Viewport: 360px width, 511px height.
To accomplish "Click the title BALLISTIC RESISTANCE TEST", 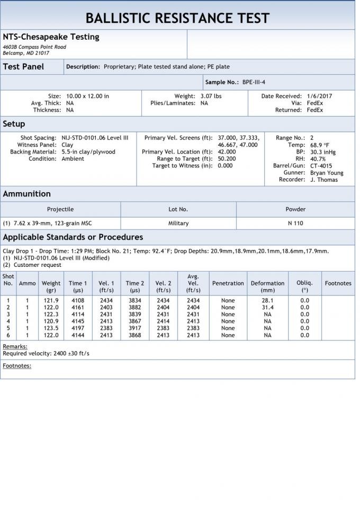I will (177, 19).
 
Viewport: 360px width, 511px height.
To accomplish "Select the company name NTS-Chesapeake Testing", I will (51, 37).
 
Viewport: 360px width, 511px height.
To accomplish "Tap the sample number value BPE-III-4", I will (254, 82).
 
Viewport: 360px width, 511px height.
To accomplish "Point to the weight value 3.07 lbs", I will (211, 96).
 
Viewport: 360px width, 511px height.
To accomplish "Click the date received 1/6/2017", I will (319, 96).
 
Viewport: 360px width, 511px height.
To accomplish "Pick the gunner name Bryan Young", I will (327, 173).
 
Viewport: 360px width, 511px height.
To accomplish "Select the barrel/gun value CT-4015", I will (321, 166).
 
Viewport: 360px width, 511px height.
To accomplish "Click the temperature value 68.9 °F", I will (320, 145).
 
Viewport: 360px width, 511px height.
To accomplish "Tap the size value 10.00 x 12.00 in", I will (87, 96).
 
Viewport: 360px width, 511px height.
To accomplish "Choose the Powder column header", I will (295, 209).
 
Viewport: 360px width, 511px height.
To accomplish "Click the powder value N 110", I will (295, 223).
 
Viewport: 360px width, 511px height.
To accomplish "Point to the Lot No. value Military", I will (178, 223).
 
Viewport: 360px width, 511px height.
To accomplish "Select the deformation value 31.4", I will (267, 307).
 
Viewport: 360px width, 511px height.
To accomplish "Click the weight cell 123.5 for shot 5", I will (51, 328).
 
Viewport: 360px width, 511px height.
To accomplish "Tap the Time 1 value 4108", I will (78, 300).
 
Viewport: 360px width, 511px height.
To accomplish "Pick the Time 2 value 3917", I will (134, 328).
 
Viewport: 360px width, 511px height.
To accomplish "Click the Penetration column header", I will (228, 283).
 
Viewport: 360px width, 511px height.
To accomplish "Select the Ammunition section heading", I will (26, 194).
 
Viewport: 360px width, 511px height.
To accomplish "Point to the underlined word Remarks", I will (15, 346).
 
